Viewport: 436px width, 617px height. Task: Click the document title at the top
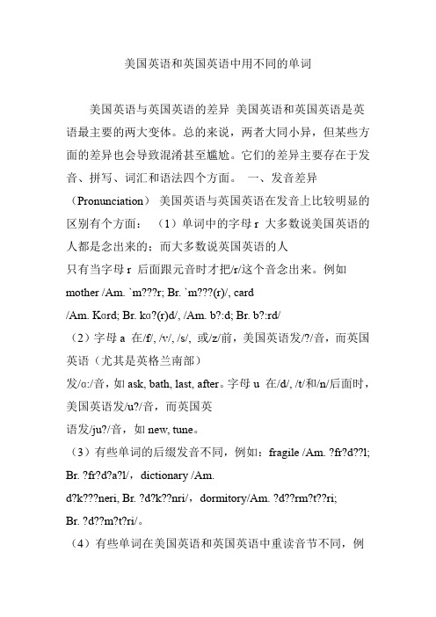tap(217, 64)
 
